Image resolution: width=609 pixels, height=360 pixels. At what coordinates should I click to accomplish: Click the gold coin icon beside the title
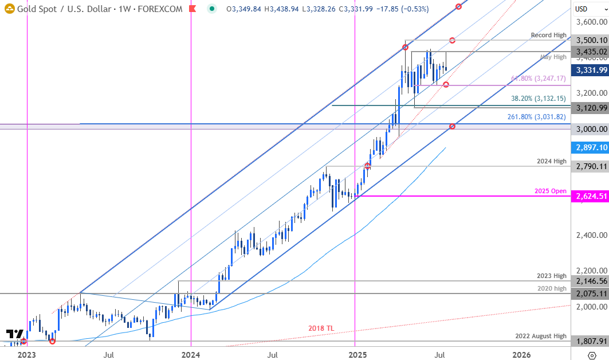pos(8,9)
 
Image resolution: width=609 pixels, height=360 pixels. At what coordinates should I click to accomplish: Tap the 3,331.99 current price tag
pos(591,70)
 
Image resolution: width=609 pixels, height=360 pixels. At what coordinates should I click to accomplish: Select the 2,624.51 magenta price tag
pos(591,196)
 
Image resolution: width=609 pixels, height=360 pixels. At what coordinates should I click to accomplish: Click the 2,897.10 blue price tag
pos(591,147)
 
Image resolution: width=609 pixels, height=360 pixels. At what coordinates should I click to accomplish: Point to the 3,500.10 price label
pos(591,40)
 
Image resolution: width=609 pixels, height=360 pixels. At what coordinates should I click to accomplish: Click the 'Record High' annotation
pos(548,35)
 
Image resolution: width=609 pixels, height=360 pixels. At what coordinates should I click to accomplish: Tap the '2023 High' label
pos(551,276)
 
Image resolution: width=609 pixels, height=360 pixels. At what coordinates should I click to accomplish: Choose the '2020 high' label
pos(551,288)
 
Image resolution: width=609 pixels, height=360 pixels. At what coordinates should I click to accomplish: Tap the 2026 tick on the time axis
pos(520,355)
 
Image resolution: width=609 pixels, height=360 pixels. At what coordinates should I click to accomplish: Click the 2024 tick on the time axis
pos(191,355)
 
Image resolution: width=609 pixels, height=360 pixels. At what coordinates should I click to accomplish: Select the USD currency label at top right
pos(582,9)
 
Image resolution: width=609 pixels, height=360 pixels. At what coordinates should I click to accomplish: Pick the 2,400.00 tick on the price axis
pos(591,235)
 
